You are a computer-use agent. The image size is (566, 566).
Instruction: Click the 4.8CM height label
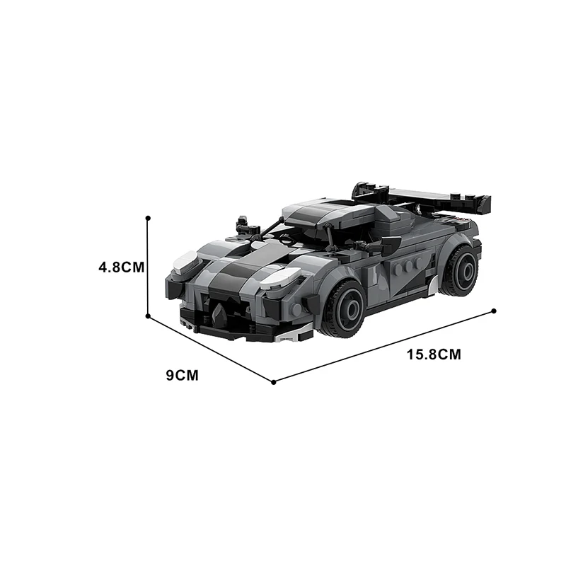coord(122,267)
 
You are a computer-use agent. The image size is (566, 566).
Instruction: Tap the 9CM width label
coord(182,376)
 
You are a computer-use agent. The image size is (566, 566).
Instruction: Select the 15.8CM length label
coord(434,354)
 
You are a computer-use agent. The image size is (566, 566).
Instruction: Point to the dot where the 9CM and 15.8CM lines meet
coord(274,382)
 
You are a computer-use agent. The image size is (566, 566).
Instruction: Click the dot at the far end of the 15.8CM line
coord(493,311)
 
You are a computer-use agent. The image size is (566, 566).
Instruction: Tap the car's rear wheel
coord(458,270)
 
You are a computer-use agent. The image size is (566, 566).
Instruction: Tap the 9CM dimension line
coord(211,350)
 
